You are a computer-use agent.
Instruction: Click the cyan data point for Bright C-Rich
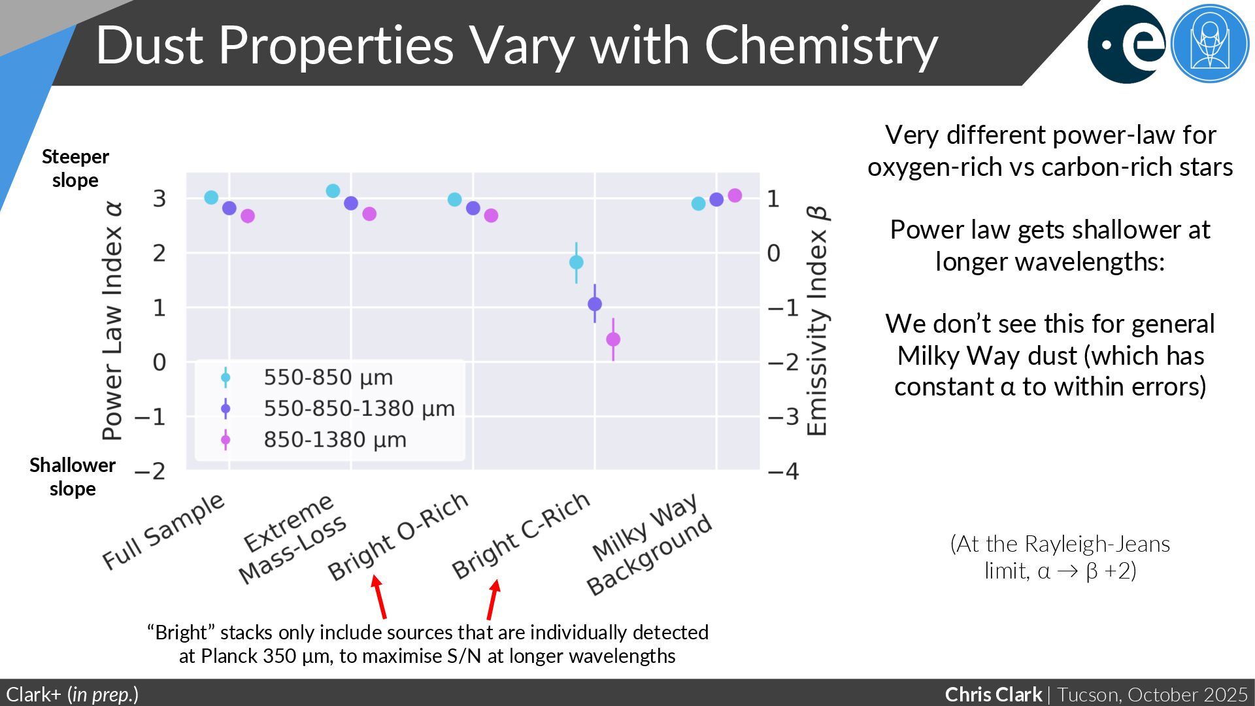576,262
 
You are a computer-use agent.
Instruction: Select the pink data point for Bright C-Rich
613,339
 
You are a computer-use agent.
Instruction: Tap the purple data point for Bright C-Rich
595,304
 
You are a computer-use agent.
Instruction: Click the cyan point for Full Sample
211,197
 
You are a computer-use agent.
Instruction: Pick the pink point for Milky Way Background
735,195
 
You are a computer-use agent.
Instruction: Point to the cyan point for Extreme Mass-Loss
333,191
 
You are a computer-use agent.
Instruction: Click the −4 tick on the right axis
783,471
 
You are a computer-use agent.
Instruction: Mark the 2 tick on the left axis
159,253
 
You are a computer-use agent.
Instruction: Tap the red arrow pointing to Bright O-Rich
379,596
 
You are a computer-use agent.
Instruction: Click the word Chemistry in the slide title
821,45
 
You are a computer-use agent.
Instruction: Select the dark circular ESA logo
1126,44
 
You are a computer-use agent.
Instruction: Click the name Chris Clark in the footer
993,694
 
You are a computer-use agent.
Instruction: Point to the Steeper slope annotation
75,168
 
